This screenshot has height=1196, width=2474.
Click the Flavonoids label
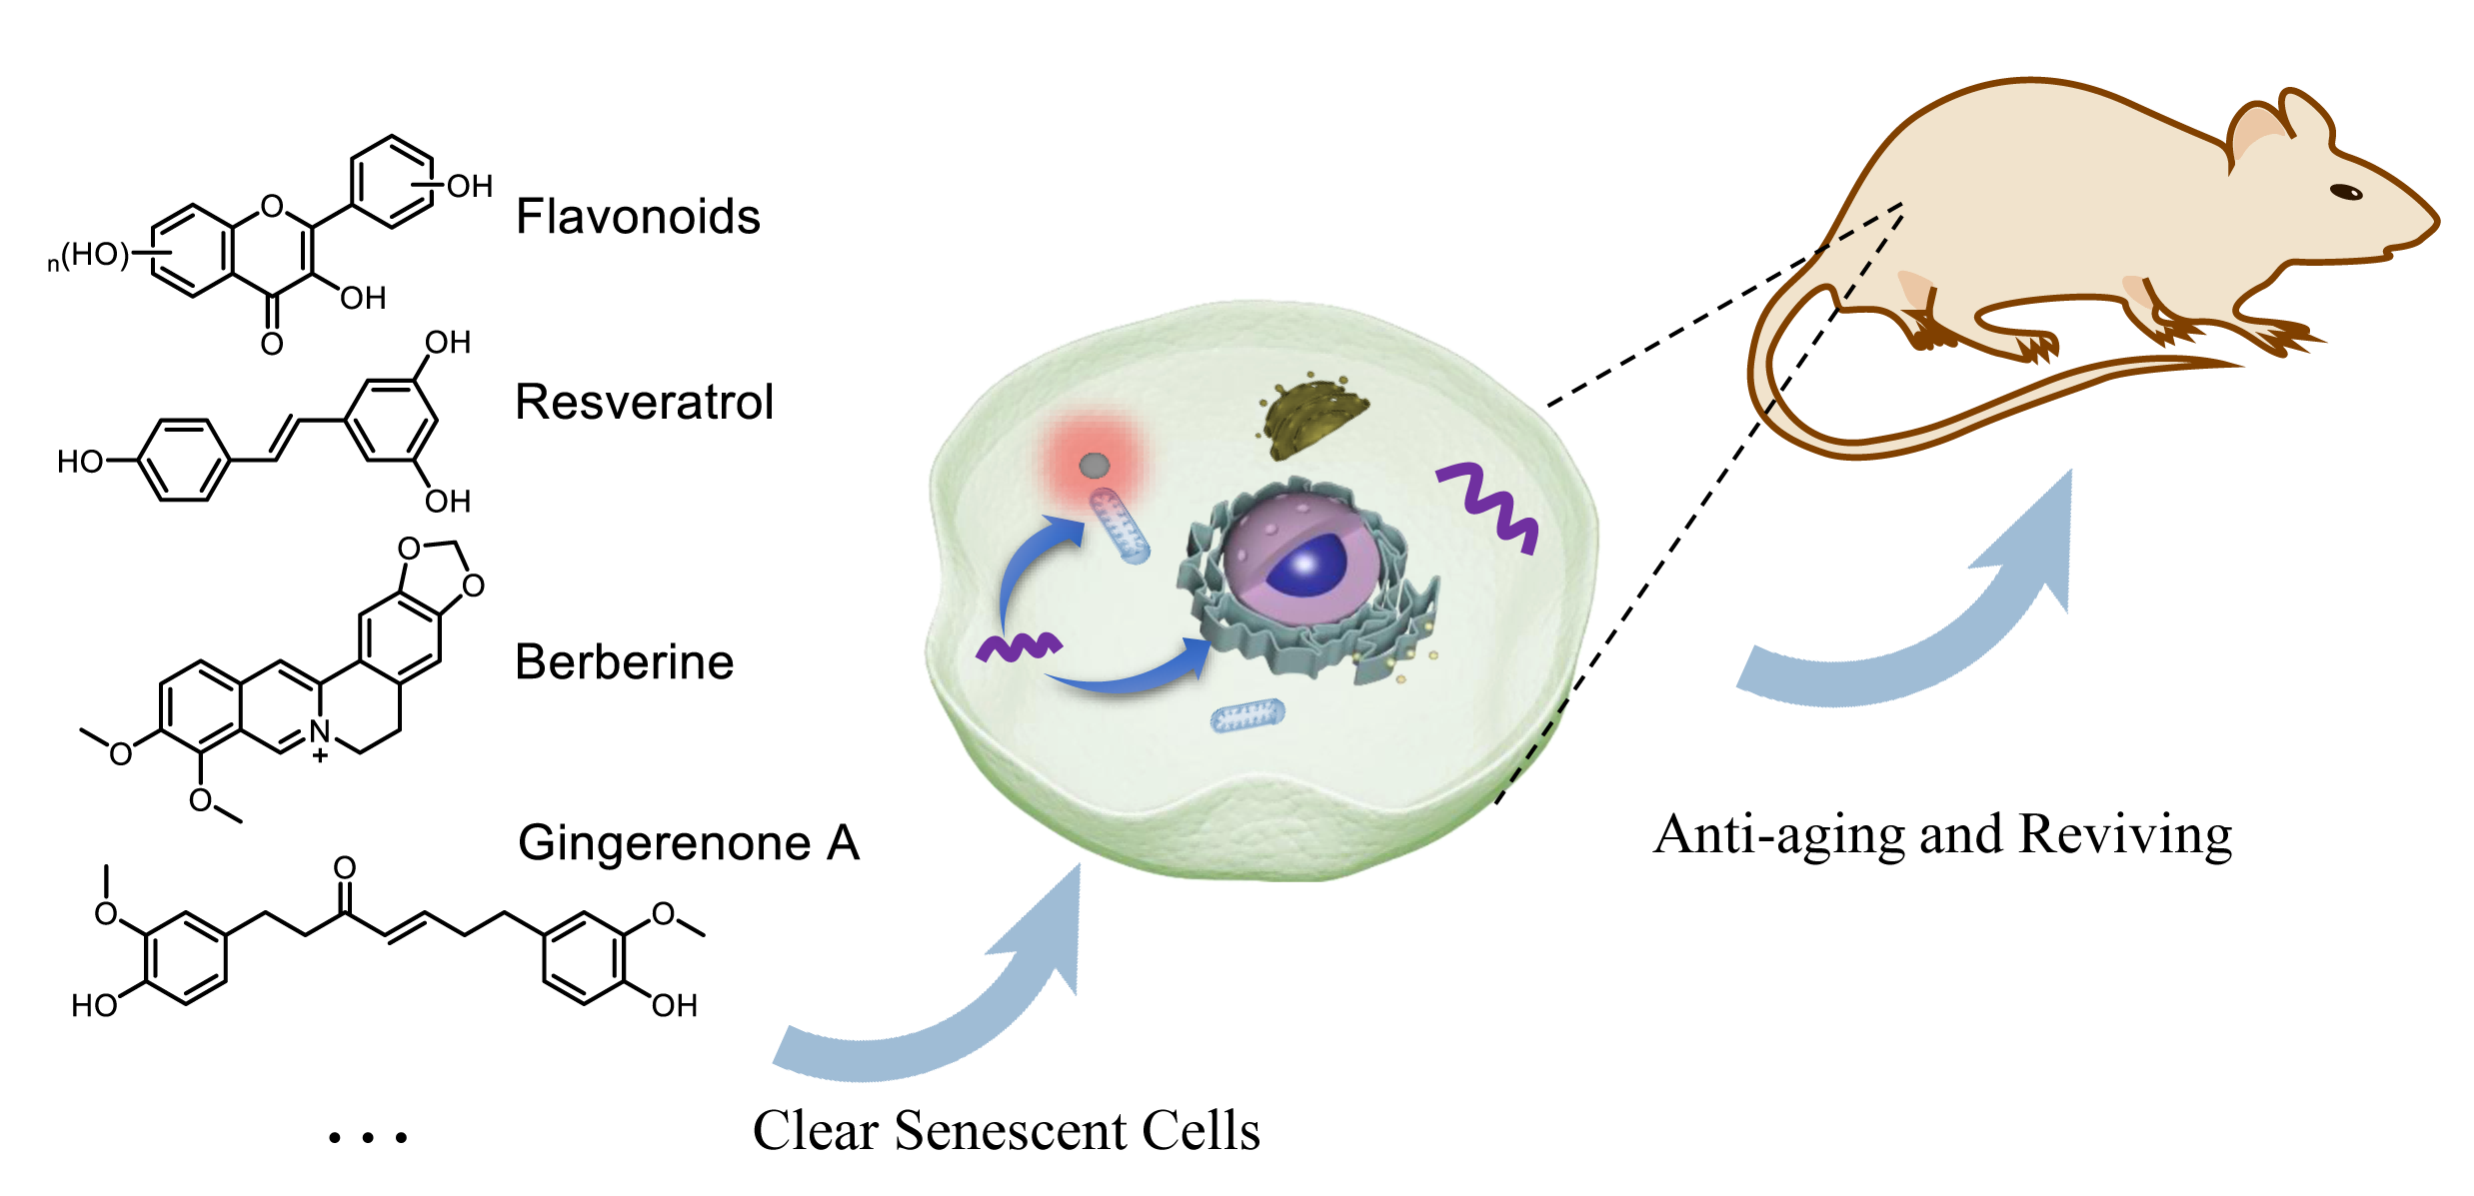pyautogui.click(x=638, y=217)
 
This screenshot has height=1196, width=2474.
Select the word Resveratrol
pyautogui.click(x=644, y=403)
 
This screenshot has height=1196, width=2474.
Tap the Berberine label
pyautogui.click(x=624, y=662)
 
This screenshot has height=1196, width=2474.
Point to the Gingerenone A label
pyautogui.click(x=689, y=842)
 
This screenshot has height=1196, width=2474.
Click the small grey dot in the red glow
pyautogui.click(x=1095, y=465)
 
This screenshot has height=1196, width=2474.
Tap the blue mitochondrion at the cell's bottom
pyautogui.click(x=1247, y=715)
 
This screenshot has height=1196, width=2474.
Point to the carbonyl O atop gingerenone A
pyautogui.click(x=345, y=867)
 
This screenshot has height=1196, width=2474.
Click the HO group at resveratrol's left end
pyautogui.click(x=80, y=462)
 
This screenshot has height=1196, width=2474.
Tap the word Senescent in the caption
pyautogui.click(x=1012, y=1131)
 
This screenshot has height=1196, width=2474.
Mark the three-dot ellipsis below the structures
pyautogui.click(x=368, y=1137)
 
